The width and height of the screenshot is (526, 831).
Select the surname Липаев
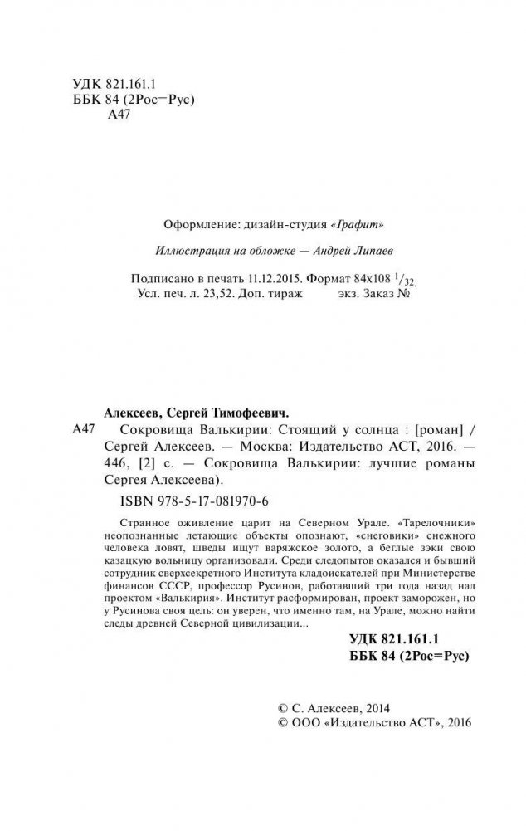point(364,252)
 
